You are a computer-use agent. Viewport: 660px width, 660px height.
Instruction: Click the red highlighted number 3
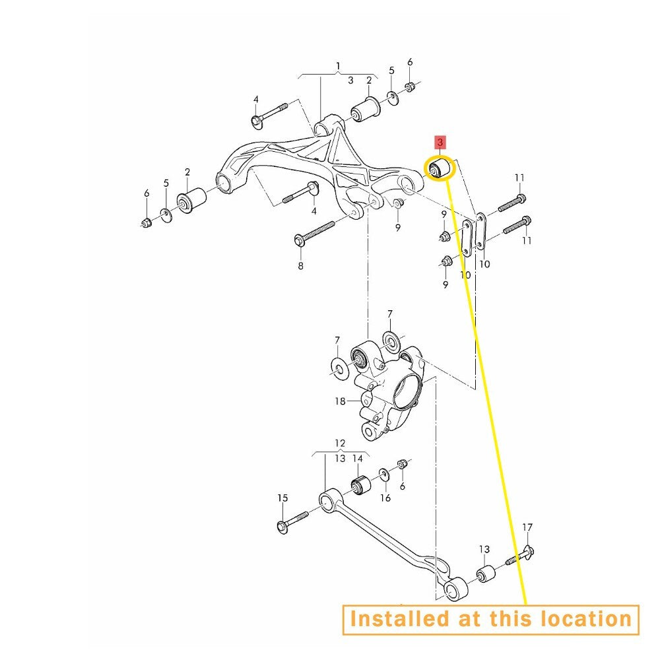pos(440,143)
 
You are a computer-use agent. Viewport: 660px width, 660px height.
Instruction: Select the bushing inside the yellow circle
pos(439,168)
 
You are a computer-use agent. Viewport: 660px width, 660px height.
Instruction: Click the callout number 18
pos(340,401)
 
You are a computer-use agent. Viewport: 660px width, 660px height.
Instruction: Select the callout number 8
pos(300,265)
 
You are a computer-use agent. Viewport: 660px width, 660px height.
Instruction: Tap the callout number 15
pos(282,498)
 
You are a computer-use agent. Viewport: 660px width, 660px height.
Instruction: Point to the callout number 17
pos(527,527)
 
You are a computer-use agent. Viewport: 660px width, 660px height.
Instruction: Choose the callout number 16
pos(385,498)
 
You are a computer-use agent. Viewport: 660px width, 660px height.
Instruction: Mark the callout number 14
pos(357,459)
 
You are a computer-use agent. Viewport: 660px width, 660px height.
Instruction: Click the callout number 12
pos(340,443)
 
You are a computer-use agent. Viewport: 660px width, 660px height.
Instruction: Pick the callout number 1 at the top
pos(338,66)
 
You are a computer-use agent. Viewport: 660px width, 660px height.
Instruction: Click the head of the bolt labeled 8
pos(300,240)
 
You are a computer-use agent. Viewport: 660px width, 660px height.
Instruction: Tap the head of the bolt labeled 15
pos(283,527)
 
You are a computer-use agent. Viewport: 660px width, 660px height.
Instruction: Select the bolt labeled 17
pos(519,556)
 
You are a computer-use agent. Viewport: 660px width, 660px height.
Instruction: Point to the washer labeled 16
pos(384,475)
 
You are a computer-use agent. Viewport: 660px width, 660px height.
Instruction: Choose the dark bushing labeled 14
pos(360,486)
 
